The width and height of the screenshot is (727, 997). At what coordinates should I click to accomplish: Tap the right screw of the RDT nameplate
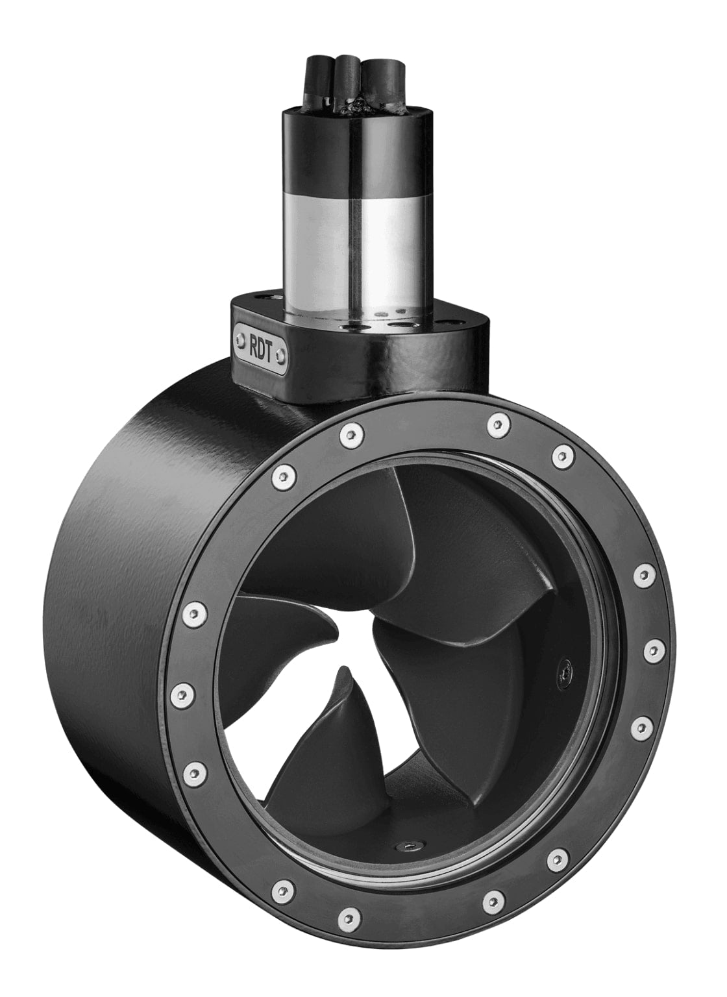click(x=280, y=354)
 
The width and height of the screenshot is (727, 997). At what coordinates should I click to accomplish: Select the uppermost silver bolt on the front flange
click(x=498, y=424)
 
